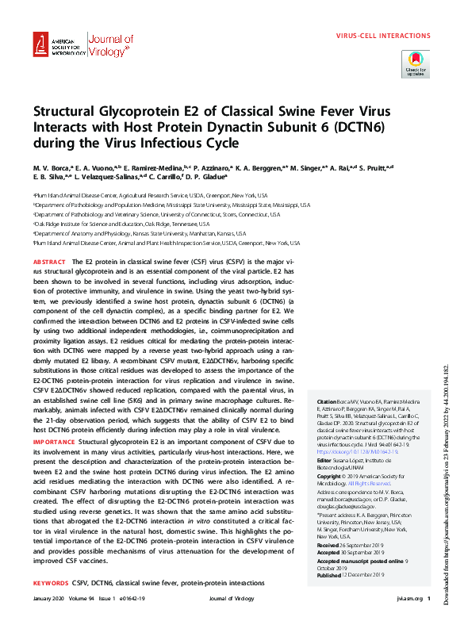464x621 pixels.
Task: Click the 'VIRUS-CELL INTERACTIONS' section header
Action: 383,36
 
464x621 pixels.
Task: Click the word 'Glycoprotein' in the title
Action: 120,112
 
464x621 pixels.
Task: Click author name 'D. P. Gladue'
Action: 203,178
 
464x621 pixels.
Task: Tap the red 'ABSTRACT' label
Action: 49,261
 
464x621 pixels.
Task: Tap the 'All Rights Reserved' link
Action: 371,483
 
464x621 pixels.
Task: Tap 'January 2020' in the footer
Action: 49,597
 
